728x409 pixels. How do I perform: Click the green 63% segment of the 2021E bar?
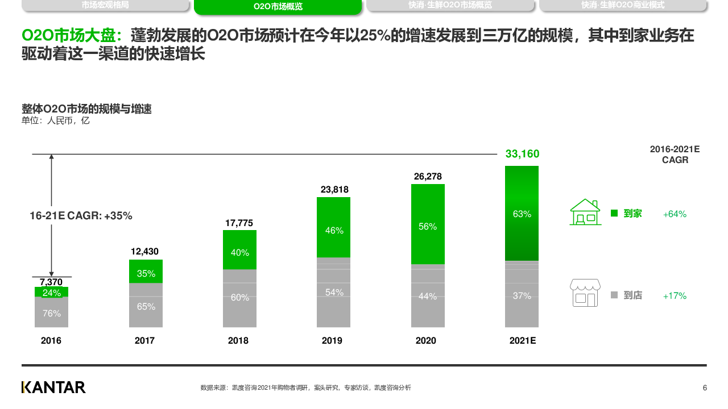(522, 214)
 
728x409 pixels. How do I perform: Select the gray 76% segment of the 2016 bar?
(51, 312)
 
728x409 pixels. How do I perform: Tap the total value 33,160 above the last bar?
(522, 154)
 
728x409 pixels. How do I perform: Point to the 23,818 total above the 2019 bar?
(334, 190)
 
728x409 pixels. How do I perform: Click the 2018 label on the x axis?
(238, 341)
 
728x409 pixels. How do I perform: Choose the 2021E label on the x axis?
(523, 341)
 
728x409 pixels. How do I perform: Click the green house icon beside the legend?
(585, 212)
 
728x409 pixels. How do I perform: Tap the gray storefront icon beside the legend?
(585, 293)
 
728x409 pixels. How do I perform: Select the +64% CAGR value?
(675, 214)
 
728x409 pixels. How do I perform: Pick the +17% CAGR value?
(675, 296)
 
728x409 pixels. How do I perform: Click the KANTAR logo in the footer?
(53, 387)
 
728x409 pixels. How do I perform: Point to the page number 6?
(705, 388)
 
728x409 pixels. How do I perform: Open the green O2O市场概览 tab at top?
(278, 7)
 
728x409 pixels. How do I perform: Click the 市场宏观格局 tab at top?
(105, 5)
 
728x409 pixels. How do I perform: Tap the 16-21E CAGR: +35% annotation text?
(81, 216)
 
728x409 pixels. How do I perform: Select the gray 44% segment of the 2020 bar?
(428, 296)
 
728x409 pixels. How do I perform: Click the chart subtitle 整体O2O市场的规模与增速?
(86, 109)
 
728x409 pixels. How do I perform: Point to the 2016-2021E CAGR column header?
(675, 155)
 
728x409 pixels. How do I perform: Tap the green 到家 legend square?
(614, 214)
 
